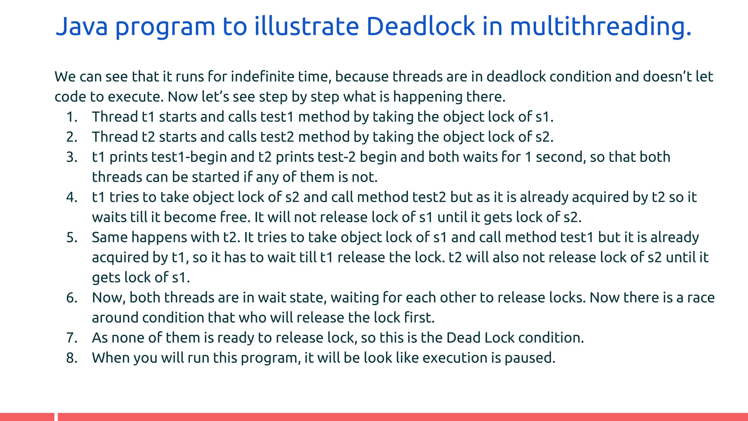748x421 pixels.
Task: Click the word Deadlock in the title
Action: click(420, 26)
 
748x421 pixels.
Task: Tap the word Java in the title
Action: click(81, 26)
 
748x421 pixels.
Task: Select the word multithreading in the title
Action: click(600, 26)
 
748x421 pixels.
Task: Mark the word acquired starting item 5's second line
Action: click(120, 258)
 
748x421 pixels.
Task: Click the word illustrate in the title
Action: click(306, 26)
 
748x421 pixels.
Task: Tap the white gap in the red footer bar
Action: click(56, 417)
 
